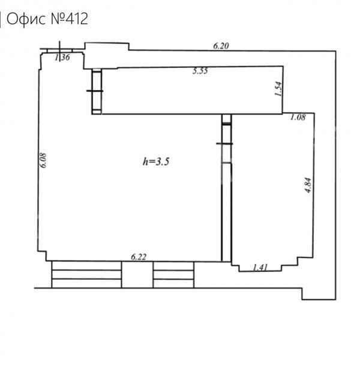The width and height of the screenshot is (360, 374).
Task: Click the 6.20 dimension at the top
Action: pos(221,46)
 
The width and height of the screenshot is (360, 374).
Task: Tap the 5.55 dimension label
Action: pos(200,71)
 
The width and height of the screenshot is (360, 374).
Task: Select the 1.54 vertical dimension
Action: pos(278,89)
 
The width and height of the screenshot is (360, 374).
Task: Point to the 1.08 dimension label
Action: pos(298,117)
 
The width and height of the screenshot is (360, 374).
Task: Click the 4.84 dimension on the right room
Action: pos(308,185)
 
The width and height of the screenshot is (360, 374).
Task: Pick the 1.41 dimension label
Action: pos(260,267)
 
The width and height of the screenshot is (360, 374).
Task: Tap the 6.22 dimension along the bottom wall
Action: pos(139,257)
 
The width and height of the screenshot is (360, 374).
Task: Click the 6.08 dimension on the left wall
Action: pos(43,160)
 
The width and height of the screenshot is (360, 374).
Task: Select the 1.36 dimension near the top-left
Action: pos(62,57)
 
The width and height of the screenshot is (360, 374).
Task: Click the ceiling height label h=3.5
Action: pos(156,161)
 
